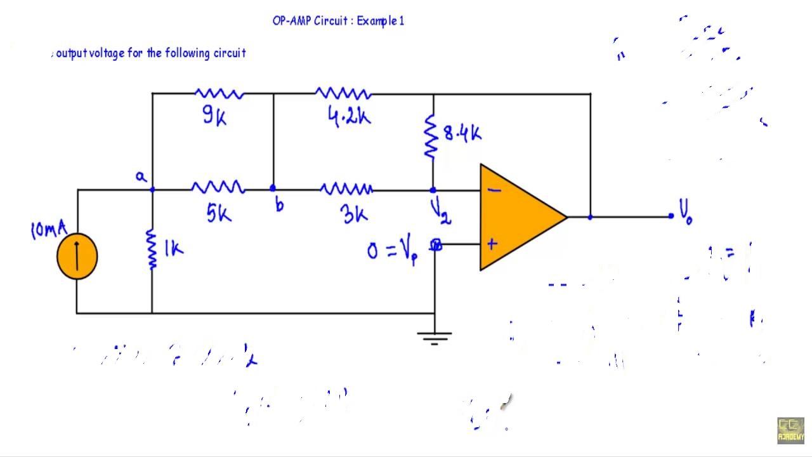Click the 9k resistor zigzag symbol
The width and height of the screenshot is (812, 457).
(x=219, y=94)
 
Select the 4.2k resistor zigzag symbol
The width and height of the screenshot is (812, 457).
(x=343, y=94)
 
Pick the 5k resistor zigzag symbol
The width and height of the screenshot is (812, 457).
(x=218, y=188)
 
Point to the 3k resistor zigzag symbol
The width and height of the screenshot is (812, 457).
(x=346, y=189)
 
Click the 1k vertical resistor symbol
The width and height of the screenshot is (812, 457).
(x=152, y=249)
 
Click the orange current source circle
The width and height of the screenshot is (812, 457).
(x=77, y=256)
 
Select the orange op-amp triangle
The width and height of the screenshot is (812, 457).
(x=517, y=217)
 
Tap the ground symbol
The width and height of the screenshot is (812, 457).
(x=435, y=337)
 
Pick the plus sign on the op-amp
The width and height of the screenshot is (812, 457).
(x=492, y=244)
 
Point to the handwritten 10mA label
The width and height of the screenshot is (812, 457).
(x=48, y=228)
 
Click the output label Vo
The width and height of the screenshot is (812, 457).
(x=686, y=211)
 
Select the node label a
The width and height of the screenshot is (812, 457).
(x=141, y=177)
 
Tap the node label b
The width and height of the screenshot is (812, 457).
(x=279, y=204)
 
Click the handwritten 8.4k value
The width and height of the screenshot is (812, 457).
(x=462, y=133)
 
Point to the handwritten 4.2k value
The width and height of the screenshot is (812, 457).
(x=350, y=117)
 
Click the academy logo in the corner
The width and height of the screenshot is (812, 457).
(x=790, y=430)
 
